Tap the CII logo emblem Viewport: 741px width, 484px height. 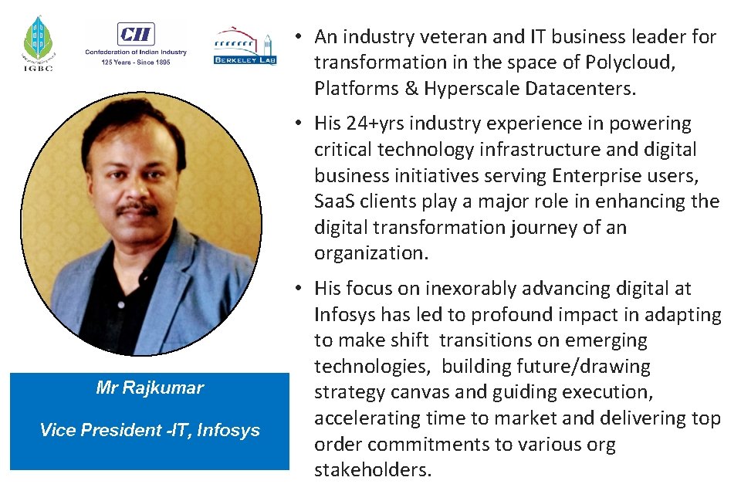[x=136, y=34]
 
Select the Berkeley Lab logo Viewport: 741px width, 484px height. [x=244, y=47]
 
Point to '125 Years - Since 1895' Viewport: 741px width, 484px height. [x=136, y=63]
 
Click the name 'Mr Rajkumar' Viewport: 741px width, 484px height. [x=150, y=388]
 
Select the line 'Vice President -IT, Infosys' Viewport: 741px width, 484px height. [x=150, y=430]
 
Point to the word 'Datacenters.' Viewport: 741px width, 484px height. [x=581, y=89]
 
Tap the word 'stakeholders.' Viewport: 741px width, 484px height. [x=373, y=470]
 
